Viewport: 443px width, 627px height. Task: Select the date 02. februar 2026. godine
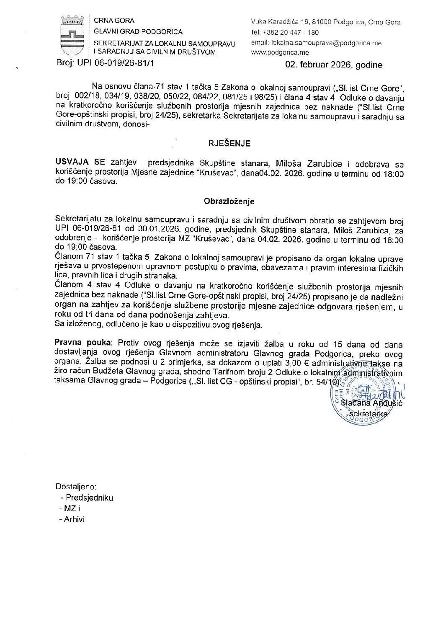point(334,65)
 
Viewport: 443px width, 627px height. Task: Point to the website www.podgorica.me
point(280,52)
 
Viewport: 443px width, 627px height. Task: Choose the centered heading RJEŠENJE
point(229,143)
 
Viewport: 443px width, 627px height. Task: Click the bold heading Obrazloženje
point(229,201)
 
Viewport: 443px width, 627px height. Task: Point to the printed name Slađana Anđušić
point(371,403)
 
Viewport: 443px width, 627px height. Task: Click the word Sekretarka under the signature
point(368,413)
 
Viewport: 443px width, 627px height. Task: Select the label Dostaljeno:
point(76,487)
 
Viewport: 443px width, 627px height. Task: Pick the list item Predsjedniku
point(89,498)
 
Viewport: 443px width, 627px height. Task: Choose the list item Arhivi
point(74,519)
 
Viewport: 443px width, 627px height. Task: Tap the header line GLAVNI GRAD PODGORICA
point(138,31)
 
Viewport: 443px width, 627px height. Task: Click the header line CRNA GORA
point(114,21)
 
